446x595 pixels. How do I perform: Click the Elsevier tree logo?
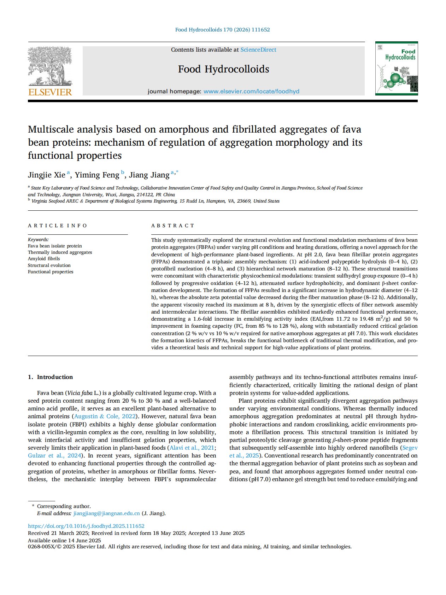click(50, 66)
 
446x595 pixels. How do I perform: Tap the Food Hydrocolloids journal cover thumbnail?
click(396, 69)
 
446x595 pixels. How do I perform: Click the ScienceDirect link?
click(258, 50)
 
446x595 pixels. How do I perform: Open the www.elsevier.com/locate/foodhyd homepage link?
click(251, 92)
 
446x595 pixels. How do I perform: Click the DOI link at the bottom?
click(86, 526)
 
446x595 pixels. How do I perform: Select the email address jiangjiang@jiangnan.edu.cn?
click(107, 513)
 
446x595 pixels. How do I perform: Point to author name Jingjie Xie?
click(47, 175)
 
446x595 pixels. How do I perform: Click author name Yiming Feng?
click(97, 175)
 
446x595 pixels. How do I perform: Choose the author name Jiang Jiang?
click(149, 175)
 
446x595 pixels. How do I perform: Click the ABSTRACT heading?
click(173, 226)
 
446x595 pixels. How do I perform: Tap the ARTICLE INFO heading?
click(58, 226)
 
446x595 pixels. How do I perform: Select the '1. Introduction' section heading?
click(51, 377)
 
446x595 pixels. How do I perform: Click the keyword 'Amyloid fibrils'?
click(44, 259)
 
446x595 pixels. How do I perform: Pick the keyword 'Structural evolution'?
click(49, 266)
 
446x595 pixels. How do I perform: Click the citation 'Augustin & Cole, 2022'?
click(105, 416)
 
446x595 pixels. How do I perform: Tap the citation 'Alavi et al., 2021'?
click(192, 448)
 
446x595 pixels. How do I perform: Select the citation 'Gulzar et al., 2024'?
click(54, 456)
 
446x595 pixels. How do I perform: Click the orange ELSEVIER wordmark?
click(50, 92)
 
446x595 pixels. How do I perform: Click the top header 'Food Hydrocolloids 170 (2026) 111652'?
click(223, 30)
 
